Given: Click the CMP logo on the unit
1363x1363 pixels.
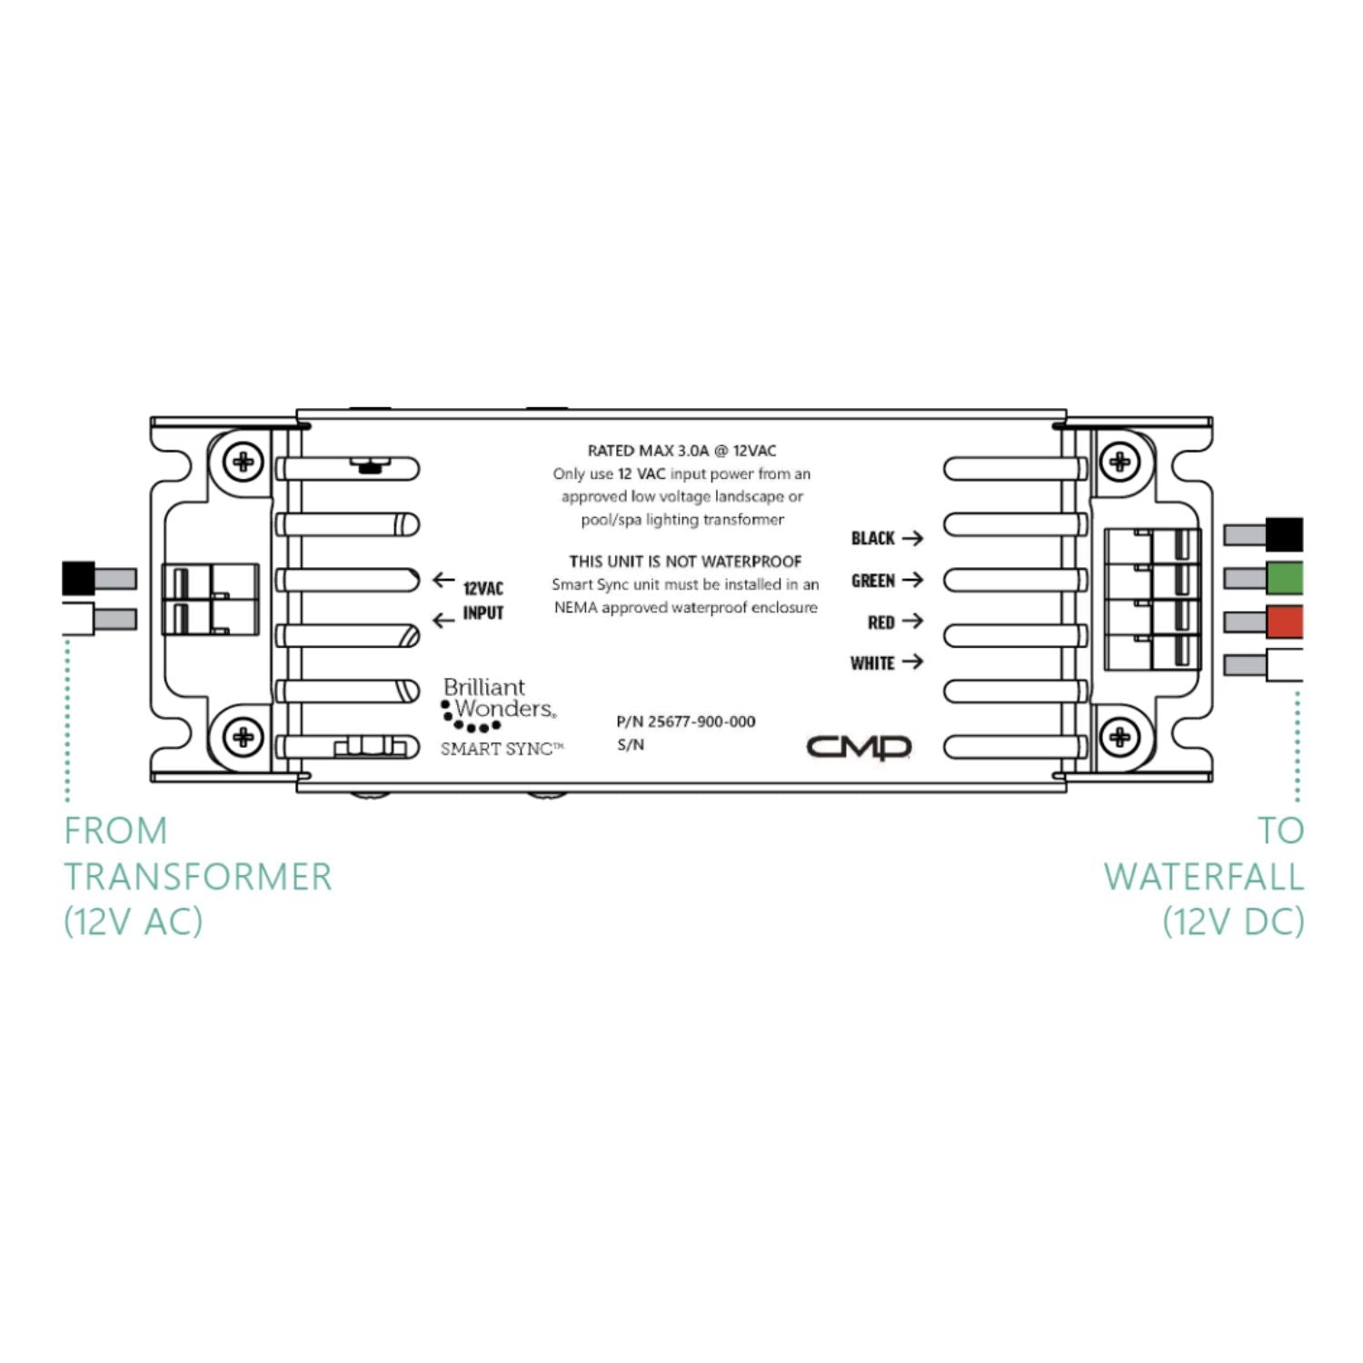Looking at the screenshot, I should point(859,747).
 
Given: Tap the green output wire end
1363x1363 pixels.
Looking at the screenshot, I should point(1284,578).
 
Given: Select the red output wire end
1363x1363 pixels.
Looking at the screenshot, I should point(1284,622).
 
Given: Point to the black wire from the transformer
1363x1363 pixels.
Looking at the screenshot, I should point(79,578).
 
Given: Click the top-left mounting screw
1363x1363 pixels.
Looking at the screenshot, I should point(244,462).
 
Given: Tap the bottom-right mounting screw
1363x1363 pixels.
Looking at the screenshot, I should point(1119,735).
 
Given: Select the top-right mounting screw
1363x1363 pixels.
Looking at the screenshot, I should point(1119,462).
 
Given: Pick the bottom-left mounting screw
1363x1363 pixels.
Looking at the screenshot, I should point(244,735).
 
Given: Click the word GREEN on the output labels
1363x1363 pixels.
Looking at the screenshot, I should point(872,581).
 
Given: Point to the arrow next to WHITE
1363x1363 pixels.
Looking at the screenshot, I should point(912,662).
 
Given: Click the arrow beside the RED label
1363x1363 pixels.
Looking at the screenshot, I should point(912,622).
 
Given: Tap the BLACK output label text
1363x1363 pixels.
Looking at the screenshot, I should point(872,538).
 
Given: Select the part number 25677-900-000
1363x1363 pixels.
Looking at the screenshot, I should point(701,721).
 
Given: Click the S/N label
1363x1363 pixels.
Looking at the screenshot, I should point(630,745).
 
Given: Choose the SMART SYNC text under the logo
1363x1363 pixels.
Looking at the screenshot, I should point(497,749).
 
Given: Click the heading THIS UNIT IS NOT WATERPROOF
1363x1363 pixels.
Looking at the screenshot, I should point(685,562).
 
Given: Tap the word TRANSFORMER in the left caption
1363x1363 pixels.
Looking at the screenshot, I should point(198,877).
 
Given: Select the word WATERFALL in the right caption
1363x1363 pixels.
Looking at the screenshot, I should point(1203,877).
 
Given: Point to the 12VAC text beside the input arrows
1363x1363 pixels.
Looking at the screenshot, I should point(483,589).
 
